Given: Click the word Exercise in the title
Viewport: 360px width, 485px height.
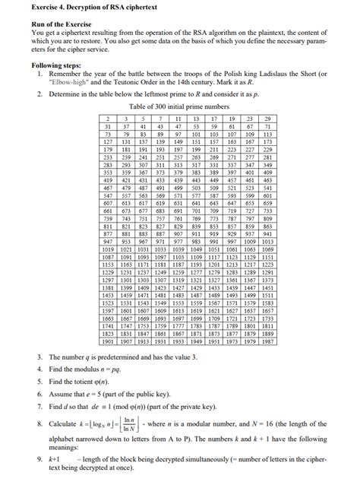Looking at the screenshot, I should coord(25,6).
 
